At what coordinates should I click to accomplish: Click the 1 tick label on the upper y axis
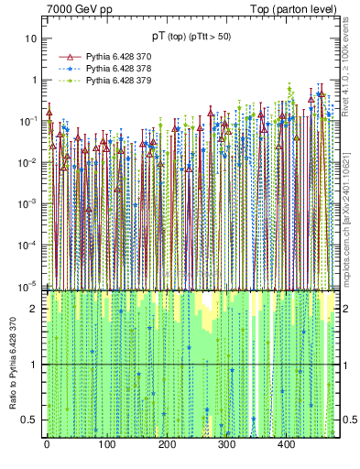[34, 80]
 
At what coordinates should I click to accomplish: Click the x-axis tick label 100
[106, 445]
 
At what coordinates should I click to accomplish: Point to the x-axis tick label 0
[47, 445]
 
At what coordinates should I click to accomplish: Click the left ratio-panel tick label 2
[35, 310]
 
